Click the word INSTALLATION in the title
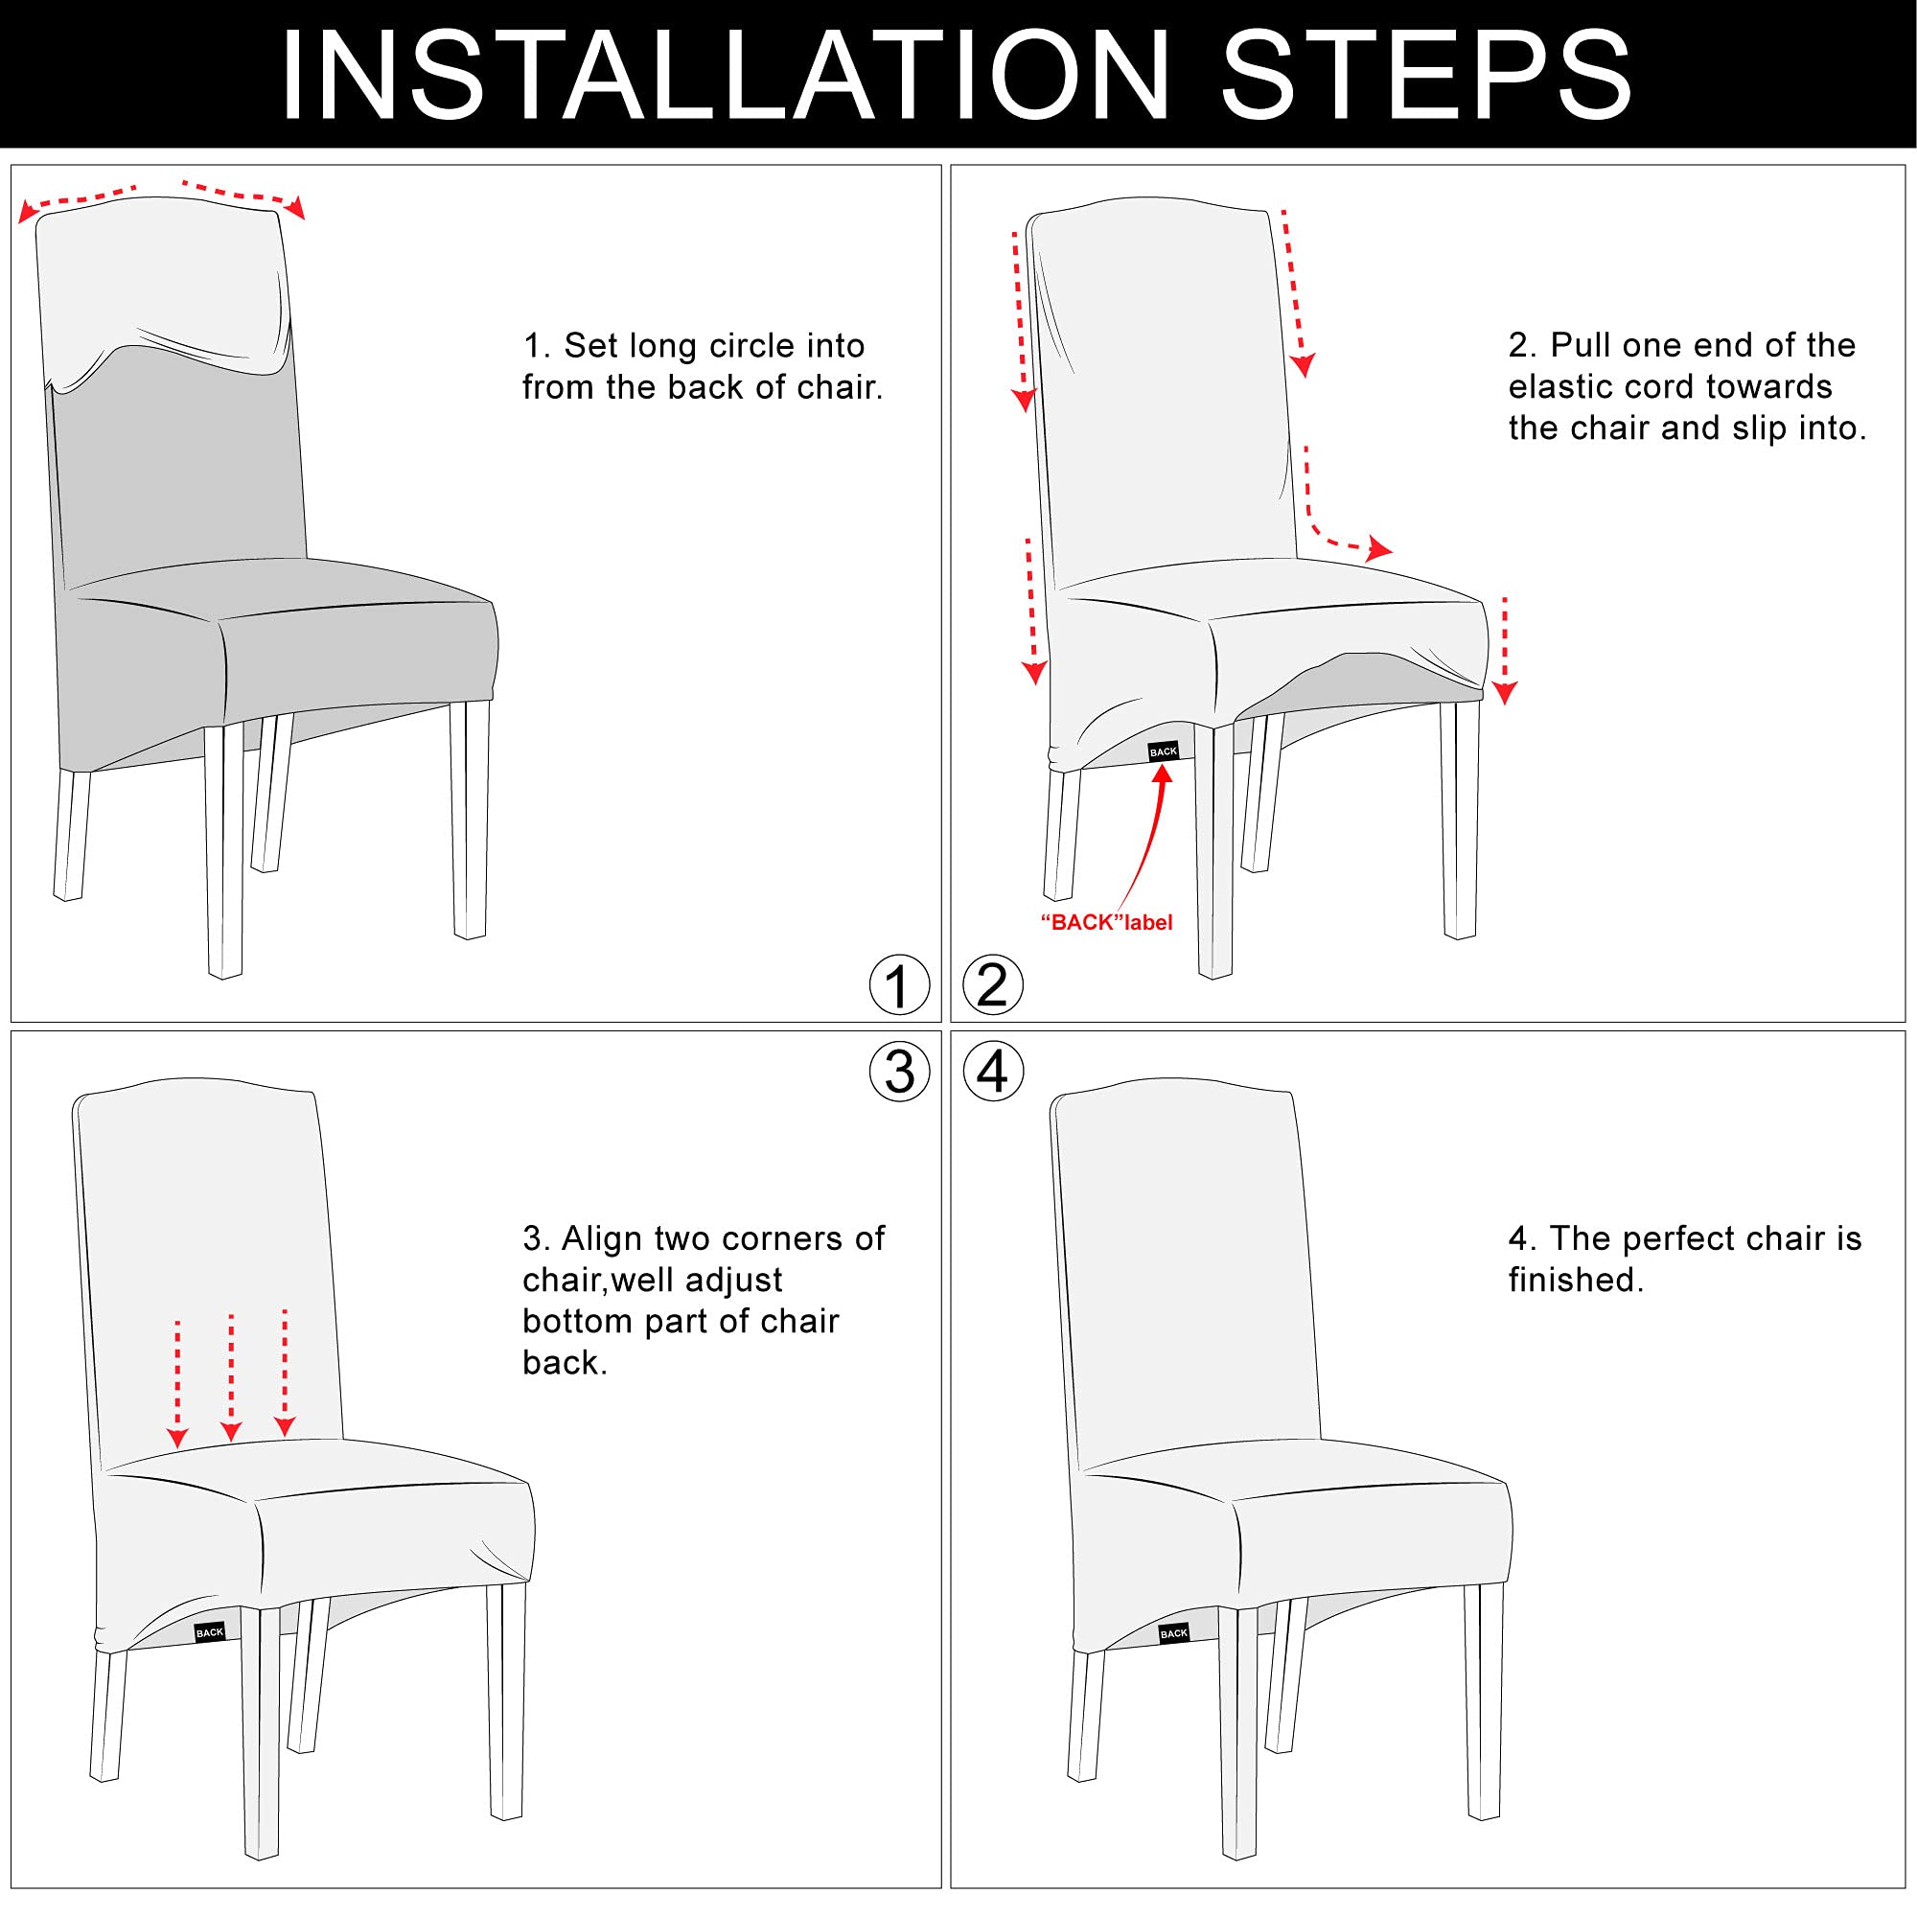tap(726, 76)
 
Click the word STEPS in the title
tap(1428, 76)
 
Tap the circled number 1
tap(899, 985)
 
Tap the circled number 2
tap(993, 985)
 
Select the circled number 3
tap(899, 1072)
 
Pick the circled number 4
tap(993, 1072)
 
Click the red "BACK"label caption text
tap(1106, 923)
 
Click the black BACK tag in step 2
tap(1163, 751)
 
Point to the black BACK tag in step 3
tap(210, 1632)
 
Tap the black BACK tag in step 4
tap(1174, 1632)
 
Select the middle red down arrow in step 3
tap(231, 1377)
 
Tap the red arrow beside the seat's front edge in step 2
tap(1505, 651)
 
